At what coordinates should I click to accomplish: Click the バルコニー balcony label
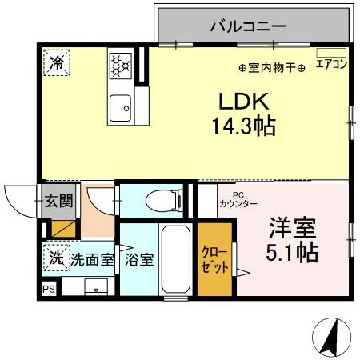click(248, 26)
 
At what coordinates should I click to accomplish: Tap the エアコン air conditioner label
click(331, 66)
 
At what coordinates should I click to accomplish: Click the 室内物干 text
click(272, 68)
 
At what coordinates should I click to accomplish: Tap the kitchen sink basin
click(122, 102)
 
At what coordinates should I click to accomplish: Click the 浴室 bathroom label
click(139, 261)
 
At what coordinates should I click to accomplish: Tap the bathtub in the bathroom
click(175, 261)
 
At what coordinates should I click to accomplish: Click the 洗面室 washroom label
click(93, 260)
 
